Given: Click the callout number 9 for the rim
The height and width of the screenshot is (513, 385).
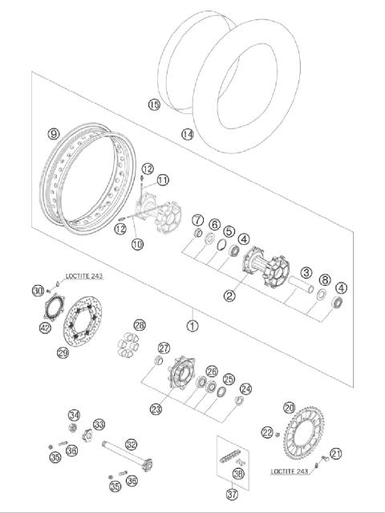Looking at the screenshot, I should click(x=54, y=134).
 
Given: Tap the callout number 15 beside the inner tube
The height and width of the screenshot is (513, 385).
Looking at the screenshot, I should click(x=154, y=105).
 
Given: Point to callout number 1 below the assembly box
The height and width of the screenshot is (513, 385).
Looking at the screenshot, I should click(x=192, y=326).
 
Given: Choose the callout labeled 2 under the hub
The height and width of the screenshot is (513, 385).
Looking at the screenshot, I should click(x=229, y=295).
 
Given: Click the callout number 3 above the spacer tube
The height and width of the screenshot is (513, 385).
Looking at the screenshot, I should click(x=306, y=274).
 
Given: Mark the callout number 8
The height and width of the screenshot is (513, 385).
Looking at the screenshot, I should click(x=323, y=280).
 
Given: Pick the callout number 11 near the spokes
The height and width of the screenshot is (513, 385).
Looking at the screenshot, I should click(x=162, y=179).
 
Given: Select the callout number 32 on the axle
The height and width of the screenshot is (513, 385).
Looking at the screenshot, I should click(x=132, y=442).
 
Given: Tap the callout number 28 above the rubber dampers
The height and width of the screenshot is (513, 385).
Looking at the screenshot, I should click(x=140, y=325).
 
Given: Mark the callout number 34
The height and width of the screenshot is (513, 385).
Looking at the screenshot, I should click(x=74, y=415).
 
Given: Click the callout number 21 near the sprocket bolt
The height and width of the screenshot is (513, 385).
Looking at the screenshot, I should click(x=336, y=454).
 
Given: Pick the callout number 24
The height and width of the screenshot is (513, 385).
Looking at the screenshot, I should click(x=245, y=389).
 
